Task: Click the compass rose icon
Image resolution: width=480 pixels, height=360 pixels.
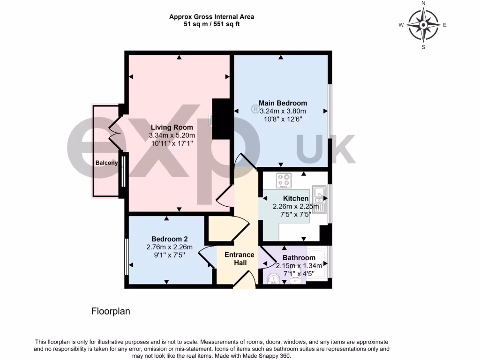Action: (x=423, y=25)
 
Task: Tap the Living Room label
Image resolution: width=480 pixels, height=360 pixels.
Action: (x=172, y=127)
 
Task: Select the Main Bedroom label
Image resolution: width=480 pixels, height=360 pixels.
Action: (x=283, y=103)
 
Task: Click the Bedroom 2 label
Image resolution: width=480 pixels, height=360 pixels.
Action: (x=166, y=239)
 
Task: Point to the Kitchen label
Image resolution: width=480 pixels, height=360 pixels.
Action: (x=296, y=199)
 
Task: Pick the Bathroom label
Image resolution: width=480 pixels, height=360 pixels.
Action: (x=299, y=258)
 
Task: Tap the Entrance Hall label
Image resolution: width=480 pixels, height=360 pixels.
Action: (x=240, y=259)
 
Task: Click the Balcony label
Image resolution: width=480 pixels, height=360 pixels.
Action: (x=106, y=163)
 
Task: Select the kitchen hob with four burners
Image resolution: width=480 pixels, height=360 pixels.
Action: (x=284, y=180)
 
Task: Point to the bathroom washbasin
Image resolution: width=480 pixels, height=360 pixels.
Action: (x=295, y=280)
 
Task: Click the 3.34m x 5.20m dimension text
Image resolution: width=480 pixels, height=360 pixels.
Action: (x=172, y=135)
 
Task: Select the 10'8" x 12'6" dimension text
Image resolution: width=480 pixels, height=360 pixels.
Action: (x=283, y=119)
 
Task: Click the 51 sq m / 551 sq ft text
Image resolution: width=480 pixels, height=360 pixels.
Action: (x=211, y=24)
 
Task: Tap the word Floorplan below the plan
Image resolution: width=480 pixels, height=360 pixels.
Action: (x=110, y=311)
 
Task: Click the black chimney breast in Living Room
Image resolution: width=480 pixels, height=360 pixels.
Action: (x=220, y=119)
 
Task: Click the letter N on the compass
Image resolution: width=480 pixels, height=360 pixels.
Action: (x=423, y=3)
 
